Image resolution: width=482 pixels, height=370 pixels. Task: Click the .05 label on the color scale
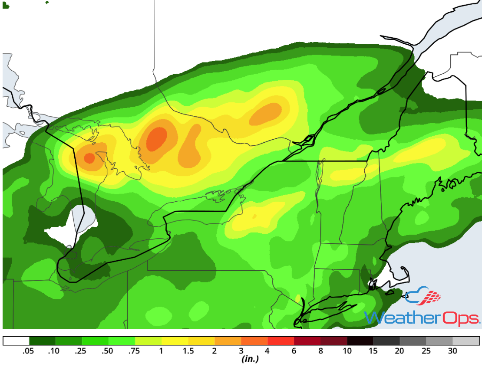[x=29, y=351]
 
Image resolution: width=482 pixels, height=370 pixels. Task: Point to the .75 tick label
[x=135, y=351]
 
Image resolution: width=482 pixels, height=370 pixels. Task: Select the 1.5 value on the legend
[x=188, y=351]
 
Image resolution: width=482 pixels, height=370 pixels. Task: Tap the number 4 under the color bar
[x=267, y=351]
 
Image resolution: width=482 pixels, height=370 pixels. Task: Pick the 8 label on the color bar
[x=320, y=351]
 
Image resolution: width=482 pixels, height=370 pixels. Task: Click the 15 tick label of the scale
[x=373, y=351]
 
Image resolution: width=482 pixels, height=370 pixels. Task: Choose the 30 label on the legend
[x=452, y=351]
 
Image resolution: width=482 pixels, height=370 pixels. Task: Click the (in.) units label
[x=250, y=359]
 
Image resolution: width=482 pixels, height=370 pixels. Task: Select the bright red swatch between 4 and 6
[x=281, y=341]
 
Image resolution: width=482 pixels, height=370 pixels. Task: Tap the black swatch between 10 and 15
[x=360, y=341]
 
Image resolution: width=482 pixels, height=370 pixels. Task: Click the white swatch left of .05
[x=16, y=341]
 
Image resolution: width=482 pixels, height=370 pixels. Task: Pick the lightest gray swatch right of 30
[x=466, y=341]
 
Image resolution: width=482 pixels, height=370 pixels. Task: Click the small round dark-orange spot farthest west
[x=89, y=158]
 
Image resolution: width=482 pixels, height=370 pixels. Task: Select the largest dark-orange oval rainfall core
[x=156, y=139]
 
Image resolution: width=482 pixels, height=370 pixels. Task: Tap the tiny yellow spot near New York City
[x=298, y=298]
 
